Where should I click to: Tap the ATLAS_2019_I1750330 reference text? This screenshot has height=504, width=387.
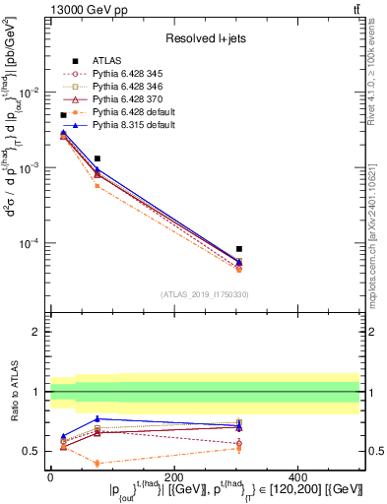[x=205, y=294]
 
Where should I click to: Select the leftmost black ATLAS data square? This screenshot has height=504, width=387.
[x=63, y=115]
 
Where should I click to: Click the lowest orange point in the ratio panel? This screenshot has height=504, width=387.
[x=97, y=463]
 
